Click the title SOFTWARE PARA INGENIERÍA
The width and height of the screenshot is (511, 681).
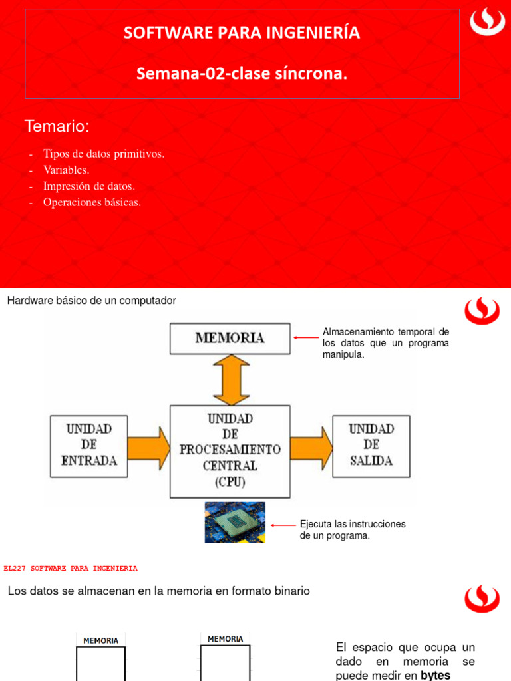click(x=242, y=33)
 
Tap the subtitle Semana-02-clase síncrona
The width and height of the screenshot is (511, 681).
click(x=242, y=73)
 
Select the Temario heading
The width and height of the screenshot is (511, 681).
click(x=57, y=126)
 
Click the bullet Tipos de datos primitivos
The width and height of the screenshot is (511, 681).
click(x=103, y=154)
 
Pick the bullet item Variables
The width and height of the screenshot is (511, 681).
click(x=66, y=170)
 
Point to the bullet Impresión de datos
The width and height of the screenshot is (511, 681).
click(x=89, y=186)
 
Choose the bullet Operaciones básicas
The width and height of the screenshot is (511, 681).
click(x=92, y=202)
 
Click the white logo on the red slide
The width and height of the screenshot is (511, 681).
click(x=487, y=23)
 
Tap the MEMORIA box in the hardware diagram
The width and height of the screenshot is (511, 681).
click(x=230, y=339)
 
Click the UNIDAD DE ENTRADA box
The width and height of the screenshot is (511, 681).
click(x=88, y=446)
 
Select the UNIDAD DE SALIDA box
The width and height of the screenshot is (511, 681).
click(x=371, y=446)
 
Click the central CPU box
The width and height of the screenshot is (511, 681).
click(x=230, y=452)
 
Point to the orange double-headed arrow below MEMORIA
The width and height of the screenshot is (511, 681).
click(x=231, y=380)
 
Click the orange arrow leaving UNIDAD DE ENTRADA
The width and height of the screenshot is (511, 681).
click(x=148, y=448)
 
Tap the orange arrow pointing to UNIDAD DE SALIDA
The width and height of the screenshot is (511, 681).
click(x=311, y=448)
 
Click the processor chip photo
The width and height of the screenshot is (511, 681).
click(x=235, y=523)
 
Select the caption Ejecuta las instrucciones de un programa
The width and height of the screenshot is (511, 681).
click(x=353, y=530)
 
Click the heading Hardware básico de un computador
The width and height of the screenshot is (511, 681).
click(x=92, y=301)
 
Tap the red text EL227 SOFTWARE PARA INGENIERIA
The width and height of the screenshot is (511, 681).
click(x=71, y=568)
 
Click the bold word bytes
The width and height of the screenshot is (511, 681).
click(x=435, y=676)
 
